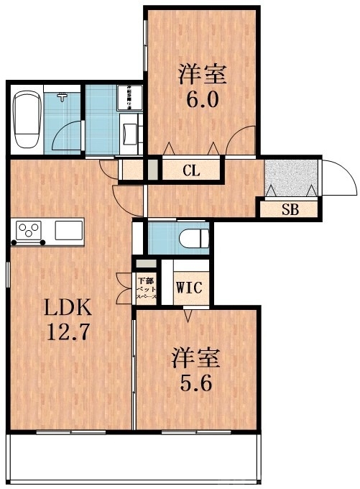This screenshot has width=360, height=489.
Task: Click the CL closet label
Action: coord(190,171)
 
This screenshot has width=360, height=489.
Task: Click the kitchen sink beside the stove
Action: coord(69,231)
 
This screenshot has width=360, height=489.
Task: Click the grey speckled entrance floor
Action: coord(290,178)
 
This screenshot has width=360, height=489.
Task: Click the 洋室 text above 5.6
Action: coord(194,357)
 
